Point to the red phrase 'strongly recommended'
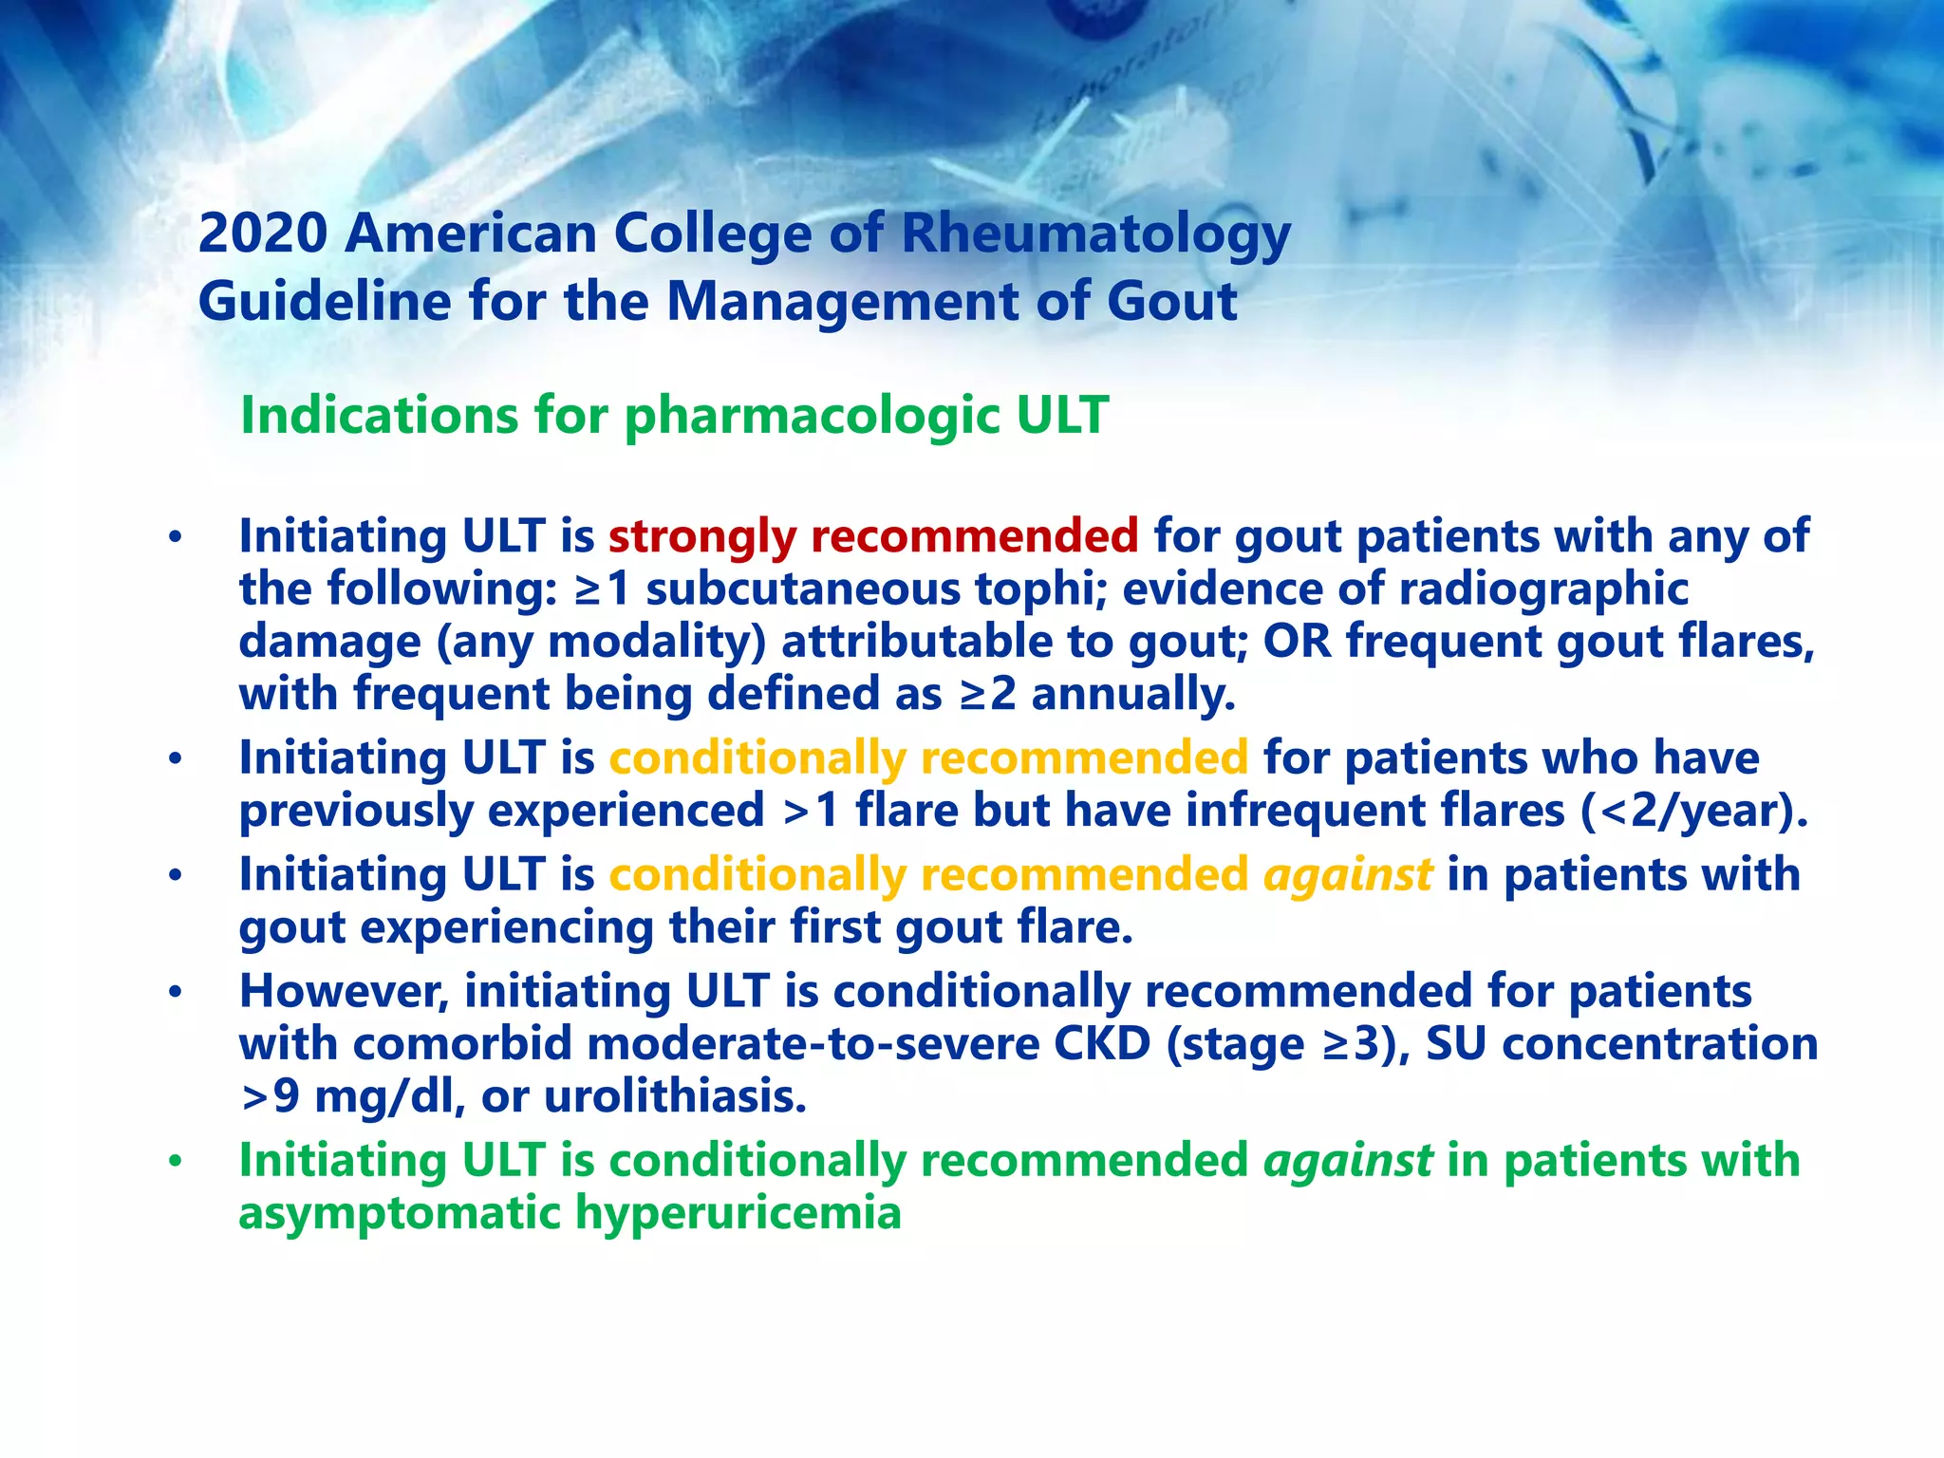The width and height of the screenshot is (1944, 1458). pyautogui.click(x=872, y=536)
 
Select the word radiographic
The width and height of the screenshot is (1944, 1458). pyautogui.click(x=1543, y=589)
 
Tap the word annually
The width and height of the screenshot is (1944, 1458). pyautogui.click(x=1133, y=694)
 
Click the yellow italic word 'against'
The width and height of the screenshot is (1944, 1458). pyautogui.click(x=1347, y=874)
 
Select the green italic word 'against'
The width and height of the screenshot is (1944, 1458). pyautogui.click(x=1347, y=1160)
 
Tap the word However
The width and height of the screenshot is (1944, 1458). pyautogui.click(x=346, y=991)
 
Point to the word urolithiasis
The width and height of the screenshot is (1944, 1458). pyautogui.click(x=675, y=1097)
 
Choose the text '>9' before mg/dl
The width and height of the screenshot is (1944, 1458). pyautogui.click(x=270, y=1097)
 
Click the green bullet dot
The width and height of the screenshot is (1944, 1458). pyautogui.click(x=175, y=1161)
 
